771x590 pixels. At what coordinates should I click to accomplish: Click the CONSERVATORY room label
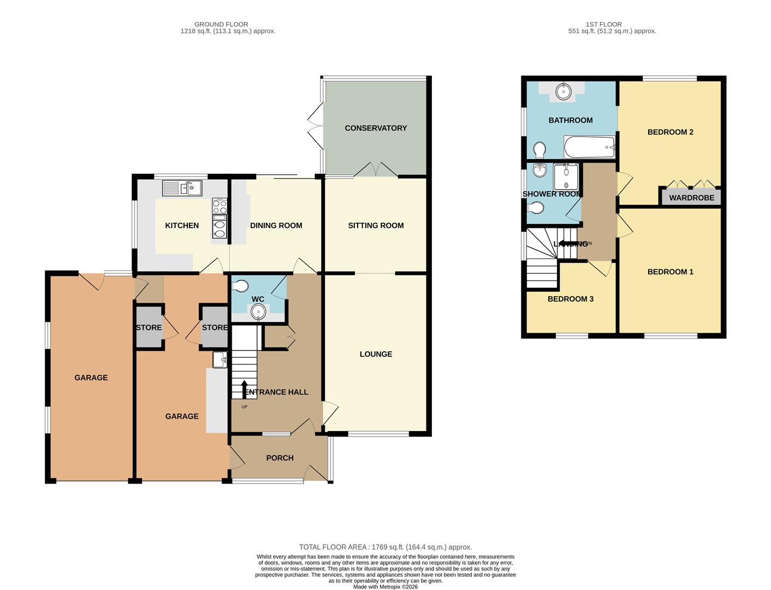pos(376,128)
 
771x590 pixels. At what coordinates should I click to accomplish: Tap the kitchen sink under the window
pos(182,188)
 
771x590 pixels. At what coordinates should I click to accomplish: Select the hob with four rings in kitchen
pos(220,206)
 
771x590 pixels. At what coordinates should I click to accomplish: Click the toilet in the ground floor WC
pos(240,286)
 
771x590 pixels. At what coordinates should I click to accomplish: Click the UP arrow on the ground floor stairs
pos(244,389)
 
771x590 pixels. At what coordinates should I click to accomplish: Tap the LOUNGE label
pos(376,354)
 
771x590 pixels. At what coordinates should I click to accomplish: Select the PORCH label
pos(280,458)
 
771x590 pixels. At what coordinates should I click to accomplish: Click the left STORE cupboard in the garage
pos(149,327)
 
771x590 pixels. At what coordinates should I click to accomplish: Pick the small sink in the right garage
pos(220,360)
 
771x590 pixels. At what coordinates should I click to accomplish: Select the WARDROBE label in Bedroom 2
pos(691,198)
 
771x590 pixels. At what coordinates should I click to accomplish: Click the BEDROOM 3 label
pos(570,299)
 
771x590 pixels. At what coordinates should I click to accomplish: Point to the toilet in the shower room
pos(536,208)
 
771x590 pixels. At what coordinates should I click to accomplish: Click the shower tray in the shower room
pos(566,177)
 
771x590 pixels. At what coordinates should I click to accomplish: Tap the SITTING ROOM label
pos(376,225)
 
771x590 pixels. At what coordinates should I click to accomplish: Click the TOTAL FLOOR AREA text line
pos(385,547)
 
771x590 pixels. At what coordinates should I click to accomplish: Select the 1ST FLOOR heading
pos(603,24)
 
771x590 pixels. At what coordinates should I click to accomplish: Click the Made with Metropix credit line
pos(385,587)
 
